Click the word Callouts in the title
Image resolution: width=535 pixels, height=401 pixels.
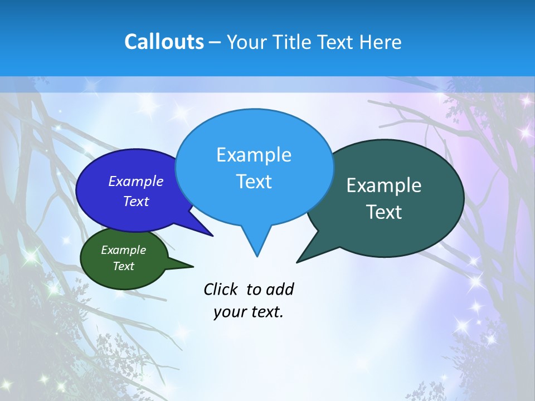(164, 42)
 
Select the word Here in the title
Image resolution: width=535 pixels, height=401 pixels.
(381, 42)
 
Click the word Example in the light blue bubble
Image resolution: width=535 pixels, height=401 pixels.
(254, 155)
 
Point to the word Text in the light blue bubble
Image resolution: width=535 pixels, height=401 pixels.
(254, 182)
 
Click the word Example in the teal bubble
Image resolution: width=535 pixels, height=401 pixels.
(384, 185)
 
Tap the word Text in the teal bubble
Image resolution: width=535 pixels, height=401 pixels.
(384, 212)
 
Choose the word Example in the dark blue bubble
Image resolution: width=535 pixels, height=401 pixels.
(136, 182)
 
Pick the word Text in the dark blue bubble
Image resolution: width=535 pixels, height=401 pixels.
(136, 202)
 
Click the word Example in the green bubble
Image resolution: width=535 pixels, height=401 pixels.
(123, 250)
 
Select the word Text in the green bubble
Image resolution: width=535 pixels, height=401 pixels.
(123, 266)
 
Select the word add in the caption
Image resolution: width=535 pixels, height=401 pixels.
(280, 290)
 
